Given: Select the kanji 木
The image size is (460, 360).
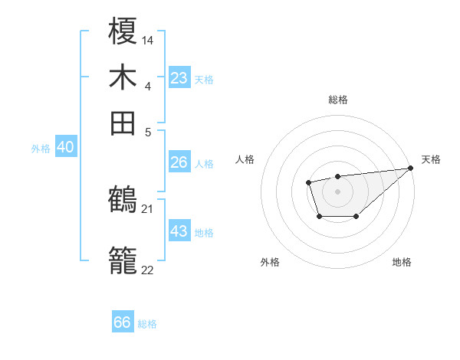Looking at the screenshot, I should (123, 77).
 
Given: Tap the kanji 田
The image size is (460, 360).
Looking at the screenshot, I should (123, 122).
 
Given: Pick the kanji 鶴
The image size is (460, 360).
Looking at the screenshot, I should (123, 201).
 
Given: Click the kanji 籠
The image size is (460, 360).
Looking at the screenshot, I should (123, 260).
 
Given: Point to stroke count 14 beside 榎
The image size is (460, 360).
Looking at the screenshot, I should (148, 39).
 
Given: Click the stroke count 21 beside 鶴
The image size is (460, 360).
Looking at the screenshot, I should (148, 208).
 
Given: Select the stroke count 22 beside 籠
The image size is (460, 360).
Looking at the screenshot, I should (148, 269).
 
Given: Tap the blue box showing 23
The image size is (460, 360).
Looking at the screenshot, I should (179, 78).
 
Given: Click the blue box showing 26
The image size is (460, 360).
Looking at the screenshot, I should (179, 162).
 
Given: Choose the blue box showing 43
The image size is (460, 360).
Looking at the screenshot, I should (179, 231).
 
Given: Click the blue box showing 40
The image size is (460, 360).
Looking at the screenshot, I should (65, 147).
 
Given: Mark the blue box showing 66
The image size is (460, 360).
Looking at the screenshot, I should (123, 322).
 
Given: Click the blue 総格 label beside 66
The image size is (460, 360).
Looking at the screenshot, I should (147, 324).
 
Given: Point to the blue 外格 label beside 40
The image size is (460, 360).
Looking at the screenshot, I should (41, 149).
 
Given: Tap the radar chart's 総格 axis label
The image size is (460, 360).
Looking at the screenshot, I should (337, 100).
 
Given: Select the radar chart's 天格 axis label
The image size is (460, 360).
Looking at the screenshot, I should (431, 159).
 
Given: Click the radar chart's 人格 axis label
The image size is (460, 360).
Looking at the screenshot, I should (245, 159).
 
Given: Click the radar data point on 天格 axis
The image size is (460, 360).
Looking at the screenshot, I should (411, 169).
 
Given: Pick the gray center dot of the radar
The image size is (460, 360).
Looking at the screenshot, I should (337, 191).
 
